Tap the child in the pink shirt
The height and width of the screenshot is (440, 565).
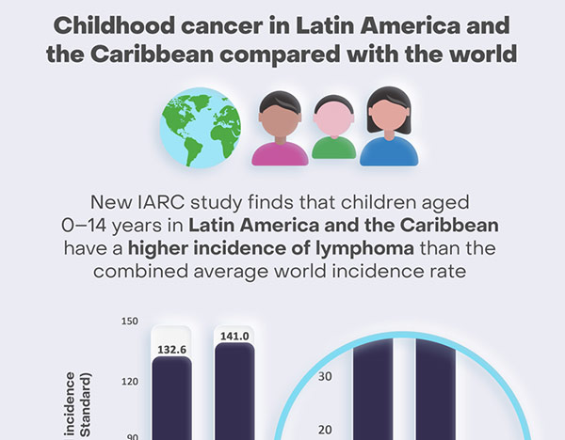pyautogui.click(x=281, y=132)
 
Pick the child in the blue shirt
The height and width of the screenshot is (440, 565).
pyautogui.click(x=389, y=129)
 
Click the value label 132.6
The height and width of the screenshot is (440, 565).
pyautogui.click(x=171, y=350)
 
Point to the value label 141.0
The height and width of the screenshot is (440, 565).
pyautogui.click(x=234, y=337)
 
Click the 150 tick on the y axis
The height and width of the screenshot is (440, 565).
pyautogui.click(x=130, y=321)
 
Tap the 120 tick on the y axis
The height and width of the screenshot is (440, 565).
pyautogui.click(x=130, y=382)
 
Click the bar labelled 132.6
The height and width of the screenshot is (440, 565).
pyautogui.click(x=171, y=400)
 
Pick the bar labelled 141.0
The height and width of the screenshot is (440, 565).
pyautogui.click(x=234, y=395)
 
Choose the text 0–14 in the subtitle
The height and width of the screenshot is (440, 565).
pyautogui.click(x=77, y=227)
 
